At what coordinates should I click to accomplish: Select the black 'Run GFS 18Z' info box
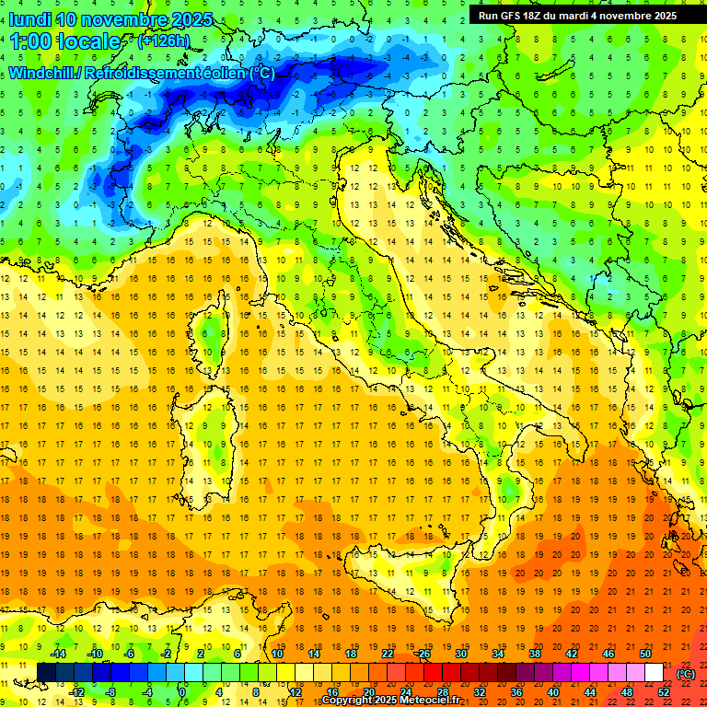coord(577,15)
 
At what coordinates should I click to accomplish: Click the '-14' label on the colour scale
coord(61,654)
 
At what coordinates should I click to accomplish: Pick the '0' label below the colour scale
coord(182,692)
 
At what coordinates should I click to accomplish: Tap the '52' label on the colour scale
coord(664,692)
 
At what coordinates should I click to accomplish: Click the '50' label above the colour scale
coord(645,654)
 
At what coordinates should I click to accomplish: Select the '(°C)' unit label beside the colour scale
coord(685,674)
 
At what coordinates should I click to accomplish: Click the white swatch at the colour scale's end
coord(654,673)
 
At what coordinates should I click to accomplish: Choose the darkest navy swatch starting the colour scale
coord(46,673)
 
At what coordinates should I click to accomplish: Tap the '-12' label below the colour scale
coord(78,692)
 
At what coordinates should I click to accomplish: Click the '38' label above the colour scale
coord(534,654)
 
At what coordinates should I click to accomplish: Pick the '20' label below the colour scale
coord(368,692)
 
